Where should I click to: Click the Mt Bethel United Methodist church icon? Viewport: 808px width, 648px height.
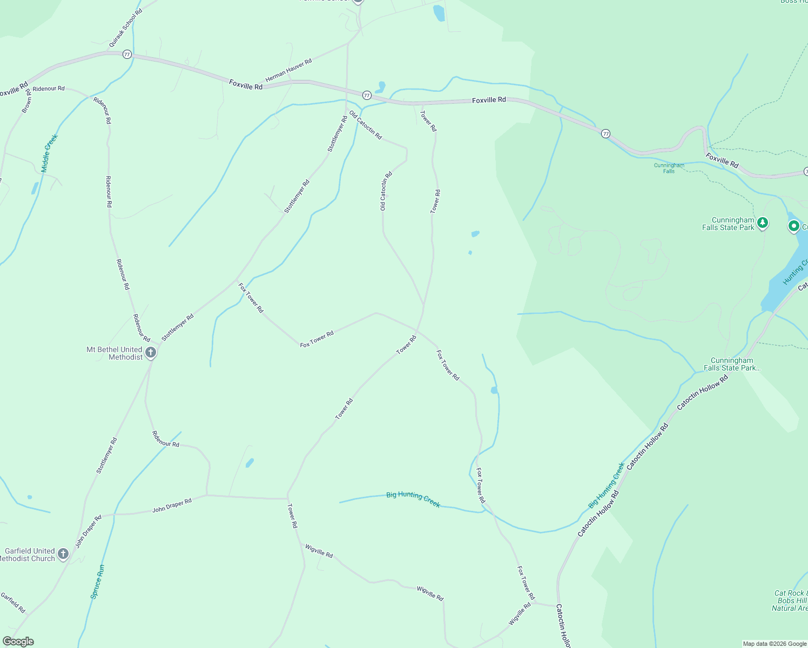pyautogui.click(x=151, y=353)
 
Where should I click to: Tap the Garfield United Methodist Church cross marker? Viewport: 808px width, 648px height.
pyautogui.click(x=63, y=554)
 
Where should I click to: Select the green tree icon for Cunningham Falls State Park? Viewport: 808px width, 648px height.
pyautogui.click(x=762, y=222)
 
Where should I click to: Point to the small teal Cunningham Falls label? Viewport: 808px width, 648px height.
pyautogui.click(x=669, y=168)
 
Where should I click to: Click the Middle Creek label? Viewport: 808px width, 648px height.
pyautogui.click(x=49, y=153)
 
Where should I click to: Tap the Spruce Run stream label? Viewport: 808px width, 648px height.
pyautogui.click(x=97, y=582)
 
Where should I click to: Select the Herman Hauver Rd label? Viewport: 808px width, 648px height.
pyautogui.click(x=288, y=70)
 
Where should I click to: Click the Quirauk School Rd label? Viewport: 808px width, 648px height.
pyautogui.click(x=125, y=27)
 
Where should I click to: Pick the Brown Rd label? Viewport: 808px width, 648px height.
pyautogui.click(x=26, y=102)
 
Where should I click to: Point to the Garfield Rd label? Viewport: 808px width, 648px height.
pyautogui.click(x=13, y=603)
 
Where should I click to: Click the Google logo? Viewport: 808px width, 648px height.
pyautogui.click(x=18, y=642)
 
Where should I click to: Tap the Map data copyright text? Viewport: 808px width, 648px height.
pyautogui.click(x=775, y=644)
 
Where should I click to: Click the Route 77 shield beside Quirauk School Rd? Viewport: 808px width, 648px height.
pyautogui.click(x=127, y=55)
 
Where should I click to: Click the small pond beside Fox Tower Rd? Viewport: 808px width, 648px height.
pyautogui.click(x=494, y=390)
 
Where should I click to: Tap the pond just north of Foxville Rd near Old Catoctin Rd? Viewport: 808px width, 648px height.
pyautogui.click(x=381, y=86)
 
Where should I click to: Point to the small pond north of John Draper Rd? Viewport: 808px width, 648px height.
pyautogui.click(x=250, y=463)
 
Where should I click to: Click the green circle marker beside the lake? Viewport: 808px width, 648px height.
pyautogui.click(x=793, y=226)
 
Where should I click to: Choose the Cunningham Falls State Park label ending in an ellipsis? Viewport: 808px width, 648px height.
pyautogui.click(x=732, y=364)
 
